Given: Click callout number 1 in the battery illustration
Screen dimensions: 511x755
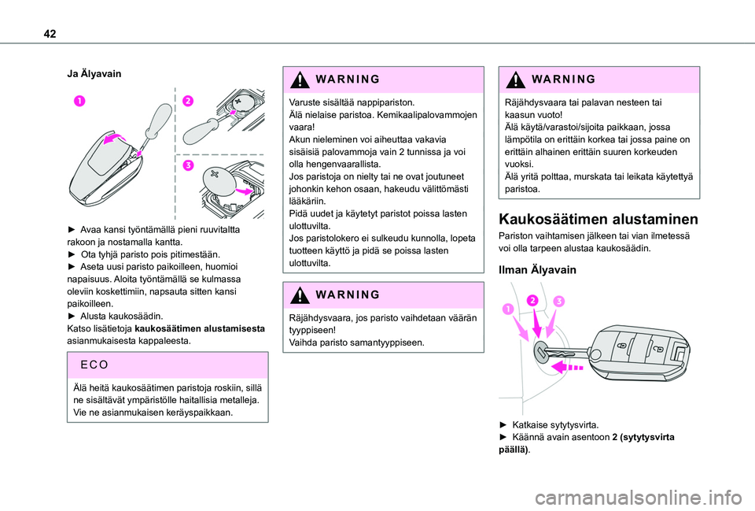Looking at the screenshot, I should pos(79,100).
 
